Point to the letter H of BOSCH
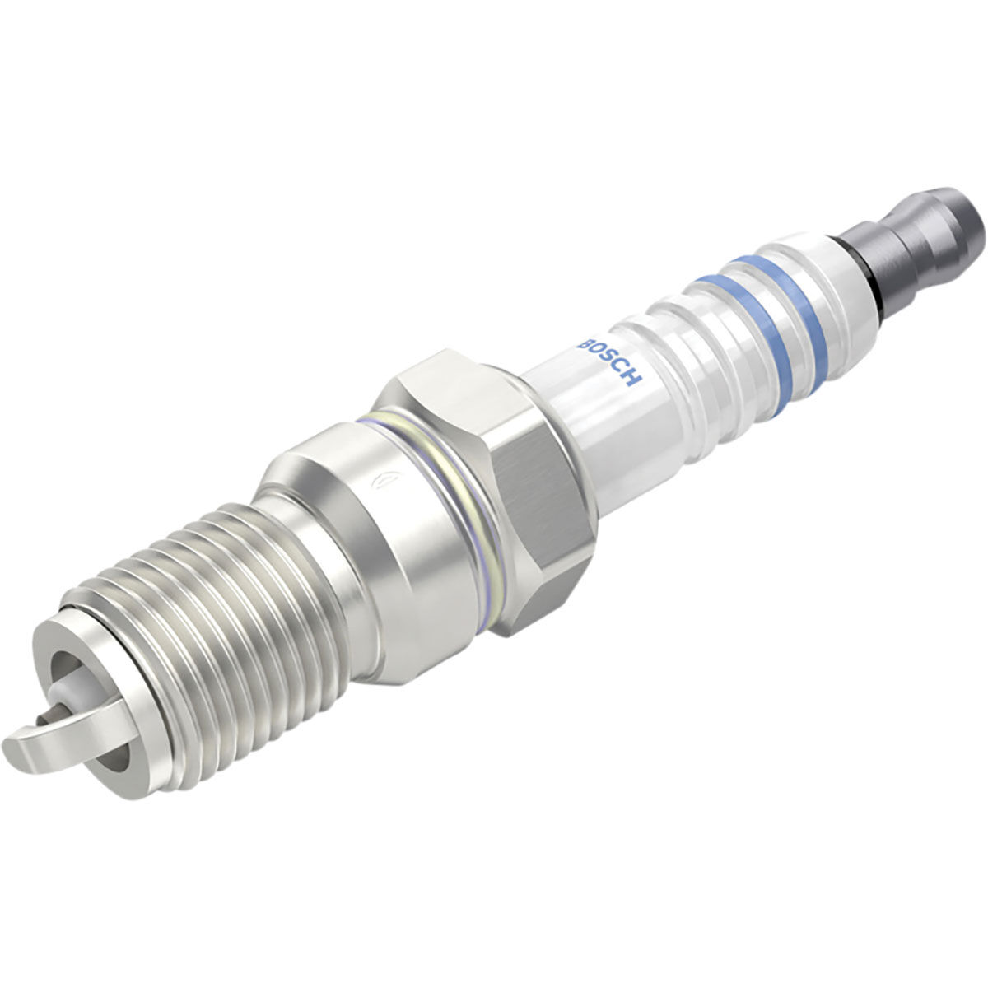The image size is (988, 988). coord(632,380)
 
